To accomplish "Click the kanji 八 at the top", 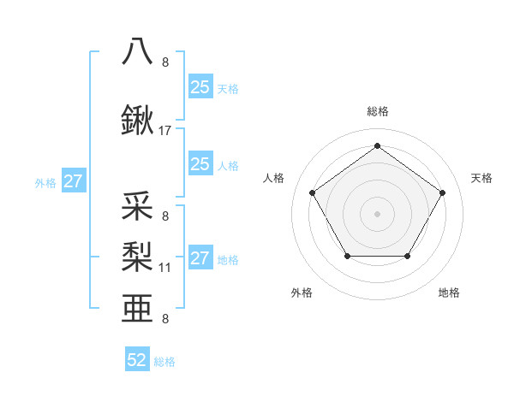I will click(x=138, y=51).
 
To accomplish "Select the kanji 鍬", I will click(x=138, y=121).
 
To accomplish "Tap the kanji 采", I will click(x=138, y=208).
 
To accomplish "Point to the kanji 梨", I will click(x=138, y=255).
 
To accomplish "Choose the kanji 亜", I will click(x=138, y=306).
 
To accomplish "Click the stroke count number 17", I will click(x=165, y=131).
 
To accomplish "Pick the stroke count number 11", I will click(x=165, y=268).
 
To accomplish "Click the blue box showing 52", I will click(x=137, y=360).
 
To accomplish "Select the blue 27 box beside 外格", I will click(x=74, y=181).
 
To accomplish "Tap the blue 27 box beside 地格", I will click(x=200, y=259).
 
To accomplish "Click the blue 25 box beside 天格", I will click(x=200, y=86).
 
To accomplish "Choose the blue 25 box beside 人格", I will click(x=200, y=164).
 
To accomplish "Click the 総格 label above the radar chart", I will click(x=377, y=111).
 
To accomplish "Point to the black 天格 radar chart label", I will click(x=481, y=178).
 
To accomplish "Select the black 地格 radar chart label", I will click(x=449, y=293).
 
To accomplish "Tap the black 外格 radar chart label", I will click(x=302, y=293).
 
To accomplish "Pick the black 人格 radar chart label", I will click(x=274, y=178).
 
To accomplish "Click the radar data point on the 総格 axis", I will click(x=377, y=146).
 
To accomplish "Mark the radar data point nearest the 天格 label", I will click(x=442, y=192).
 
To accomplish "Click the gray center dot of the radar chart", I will click(x=377, y=213).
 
